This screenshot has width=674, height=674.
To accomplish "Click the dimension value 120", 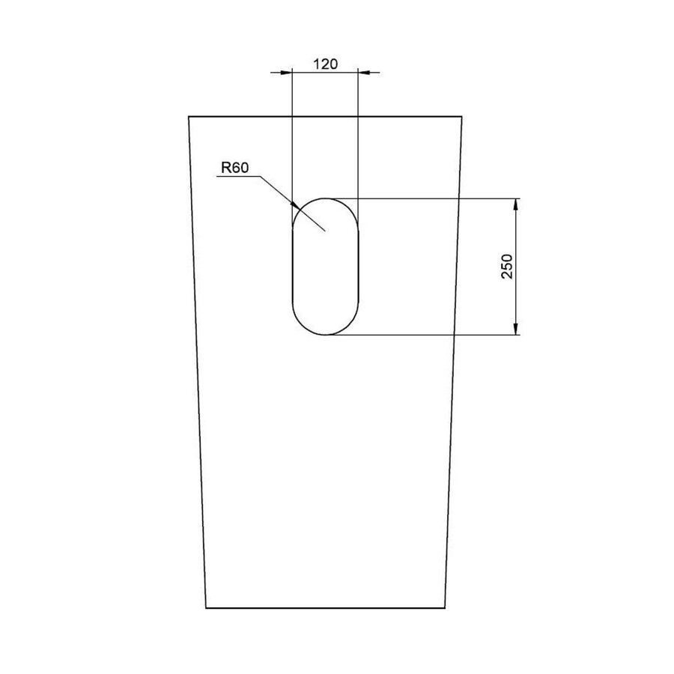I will pos(324,64).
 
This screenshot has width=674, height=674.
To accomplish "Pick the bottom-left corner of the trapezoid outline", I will pos(206,608).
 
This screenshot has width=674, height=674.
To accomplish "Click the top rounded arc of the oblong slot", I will pos(325,198).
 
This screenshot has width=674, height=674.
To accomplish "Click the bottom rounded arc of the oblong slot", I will pos(325,335).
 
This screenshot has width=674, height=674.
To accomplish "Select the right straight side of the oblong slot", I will pos(358,267).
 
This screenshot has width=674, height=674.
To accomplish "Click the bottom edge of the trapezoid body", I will pos(325,608).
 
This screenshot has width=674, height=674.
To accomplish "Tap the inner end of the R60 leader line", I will pos(324,231).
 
